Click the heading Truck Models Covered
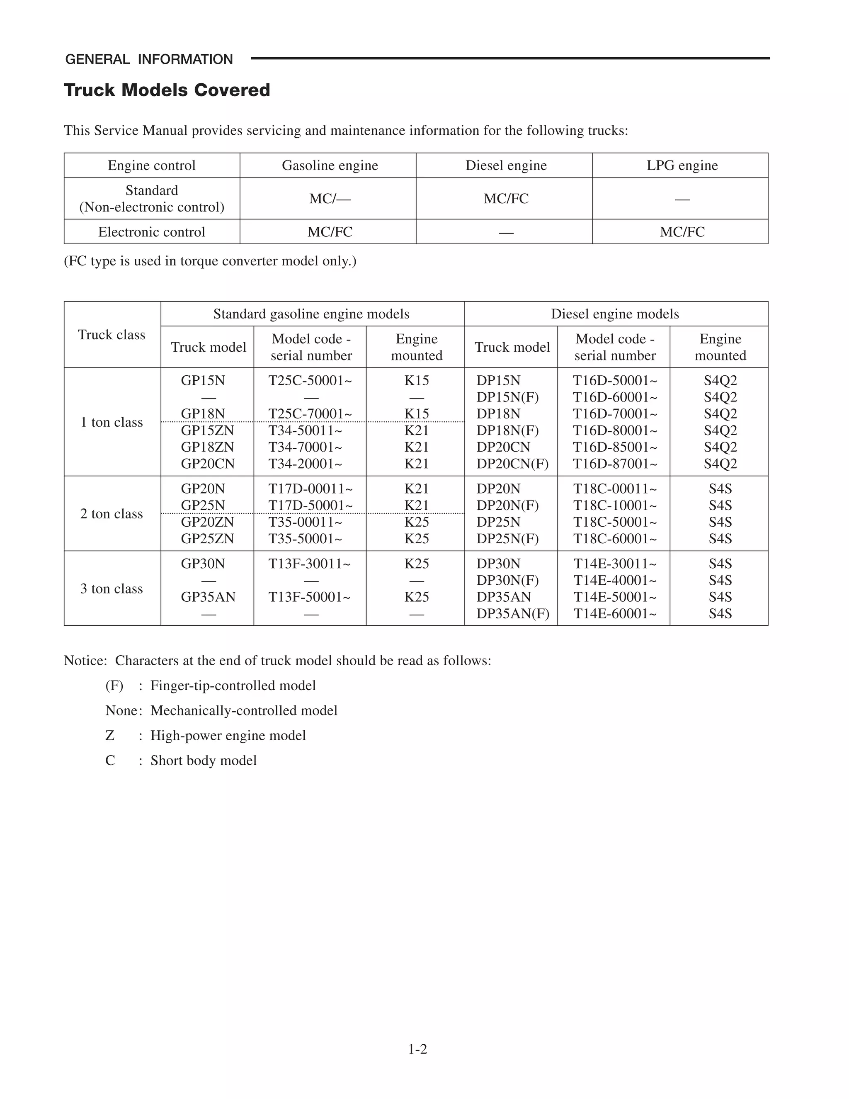coord(167,90)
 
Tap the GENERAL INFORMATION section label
coord(149,59)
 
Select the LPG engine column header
coord(682,165)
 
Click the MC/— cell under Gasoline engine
coord(330,199)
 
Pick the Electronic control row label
coord(151,232)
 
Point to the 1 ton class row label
coord(112,422)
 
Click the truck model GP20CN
coord(208,464)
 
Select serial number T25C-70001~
coord(310,413)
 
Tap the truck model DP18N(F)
coord(507,430)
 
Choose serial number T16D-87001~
coord(615,464)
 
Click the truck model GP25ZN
coord(207,538)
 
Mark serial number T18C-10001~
coord(615,505)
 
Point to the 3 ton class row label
coord(112,589)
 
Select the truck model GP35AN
coord(208,597)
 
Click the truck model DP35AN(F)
coord(512,613)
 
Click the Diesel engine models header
coord(615,314)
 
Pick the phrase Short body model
coord(203,760)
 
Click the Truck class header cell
coord(112,335)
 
